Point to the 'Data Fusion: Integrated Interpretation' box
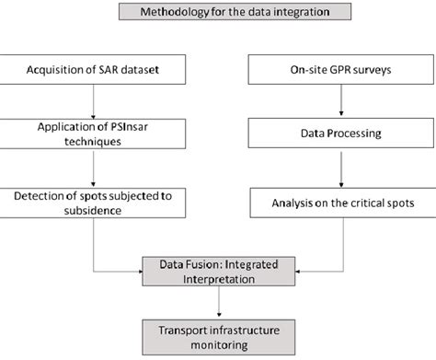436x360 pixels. tap(220, 271)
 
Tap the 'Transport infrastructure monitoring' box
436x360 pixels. tap(220, 333)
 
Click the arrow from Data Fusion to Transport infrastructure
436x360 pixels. tap(220, 302)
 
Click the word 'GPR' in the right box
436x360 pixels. tap(327, 69)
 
